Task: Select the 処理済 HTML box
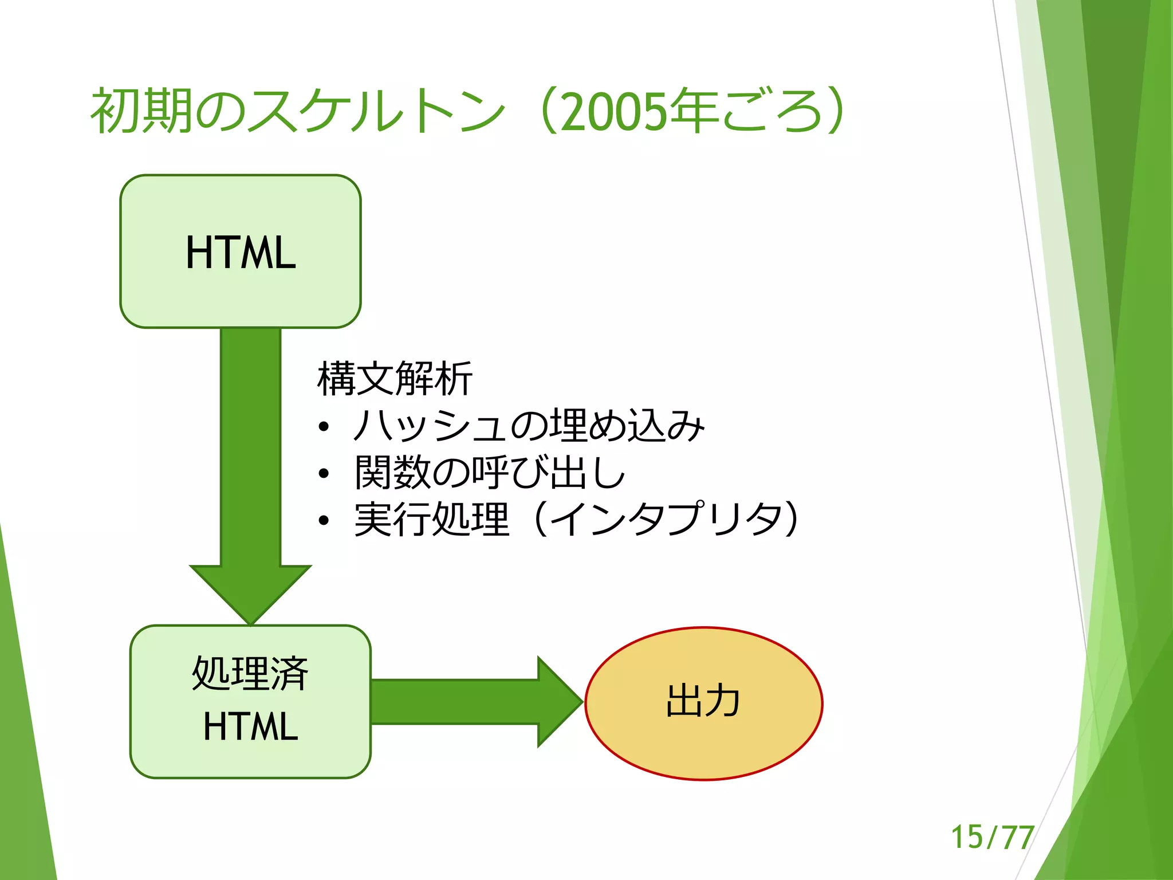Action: [x=250, y=701]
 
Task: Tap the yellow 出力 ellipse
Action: [x=703, y=703]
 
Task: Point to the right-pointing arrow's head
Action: [x=558, y=701]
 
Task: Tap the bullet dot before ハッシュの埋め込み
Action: [x=324, y=427]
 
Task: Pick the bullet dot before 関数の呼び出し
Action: [x=324, y=473]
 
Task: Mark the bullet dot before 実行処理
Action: [x=324, y=520]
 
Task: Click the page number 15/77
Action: [x=992, y=837]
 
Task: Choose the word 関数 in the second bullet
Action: [x=392, y=473]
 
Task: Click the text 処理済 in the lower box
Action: [x=250, y=673]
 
